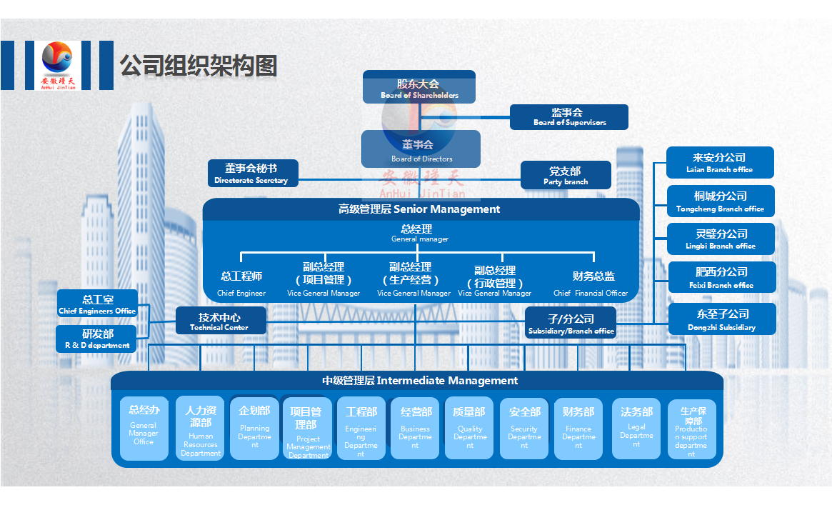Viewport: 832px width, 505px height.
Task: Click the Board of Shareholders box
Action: click(419, 87)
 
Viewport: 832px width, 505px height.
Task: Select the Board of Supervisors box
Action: click(569, 117)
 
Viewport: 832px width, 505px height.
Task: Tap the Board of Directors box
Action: click(421, 149)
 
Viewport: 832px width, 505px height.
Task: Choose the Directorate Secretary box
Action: click(253, 174)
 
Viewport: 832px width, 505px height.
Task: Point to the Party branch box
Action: click(566, 176)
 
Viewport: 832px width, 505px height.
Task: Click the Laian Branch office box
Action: click(720, 163)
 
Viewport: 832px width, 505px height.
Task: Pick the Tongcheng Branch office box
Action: click(720, 201)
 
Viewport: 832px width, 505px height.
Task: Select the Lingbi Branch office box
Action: click(720, 239)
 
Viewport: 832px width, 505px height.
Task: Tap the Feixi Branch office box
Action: click(720, 277)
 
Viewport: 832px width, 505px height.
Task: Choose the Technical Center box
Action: click(221, 321)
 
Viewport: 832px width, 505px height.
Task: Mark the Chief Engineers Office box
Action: click(97, 304)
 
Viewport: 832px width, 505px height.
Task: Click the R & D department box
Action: click(97, 339)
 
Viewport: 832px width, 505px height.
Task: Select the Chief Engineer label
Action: click(241, 284)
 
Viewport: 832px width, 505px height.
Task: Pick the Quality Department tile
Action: click(469, 429)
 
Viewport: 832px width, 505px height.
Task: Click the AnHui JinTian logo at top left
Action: click(57, 66)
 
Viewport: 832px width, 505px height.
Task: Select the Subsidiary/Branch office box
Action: click(571, 324)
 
